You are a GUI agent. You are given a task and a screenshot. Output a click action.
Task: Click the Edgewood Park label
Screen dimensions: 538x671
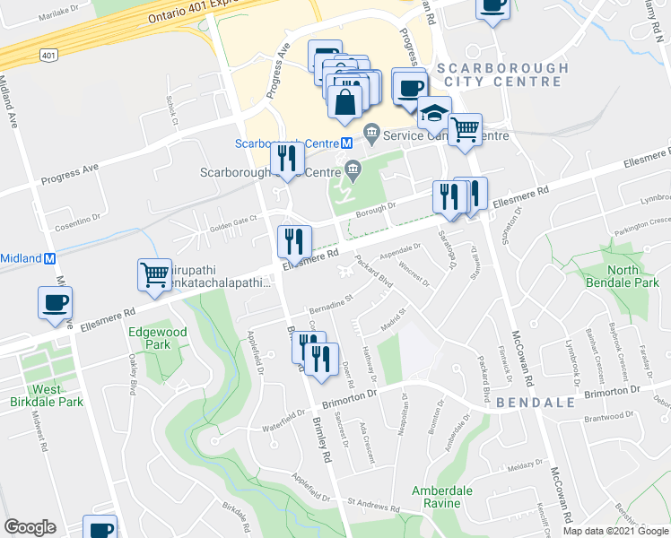click(149, 337)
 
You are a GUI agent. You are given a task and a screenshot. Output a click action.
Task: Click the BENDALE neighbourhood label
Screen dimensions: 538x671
click(533, 403)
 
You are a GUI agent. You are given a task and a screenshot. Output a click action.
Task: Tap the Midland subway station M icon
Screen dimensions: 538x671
click(50, 258)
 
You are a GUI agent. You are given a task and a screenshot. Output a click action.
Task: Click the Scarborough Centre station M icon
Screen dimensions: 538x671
click(346, 143)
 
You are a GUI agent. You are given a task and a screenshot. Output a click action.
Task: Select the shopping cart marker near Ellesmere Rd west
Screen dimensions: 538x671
click(154, 273)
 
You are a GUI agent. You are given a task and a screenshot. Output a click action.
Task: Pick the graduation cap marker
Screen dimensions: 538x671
click(434, 113)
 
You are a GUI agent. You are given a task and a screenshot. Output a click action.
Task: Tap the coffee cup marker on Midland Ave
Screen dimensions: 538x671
click(56, 302)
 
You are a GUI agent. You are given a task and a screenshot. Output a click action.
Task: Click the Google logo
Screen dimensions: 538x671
click(30, 527)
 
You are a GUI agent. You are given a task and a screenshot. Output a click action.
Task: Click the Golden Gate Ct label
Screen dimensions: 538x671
click(235, 218)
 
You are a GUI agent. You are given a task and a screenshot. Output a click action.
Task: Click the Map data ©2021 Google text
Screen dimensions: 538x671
click(615, 531)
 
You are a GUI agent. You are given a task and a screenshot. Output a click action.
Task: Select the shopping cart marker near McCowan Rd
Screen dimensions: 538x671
click(465, 130)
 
